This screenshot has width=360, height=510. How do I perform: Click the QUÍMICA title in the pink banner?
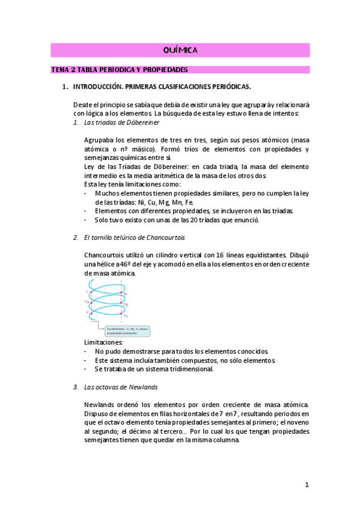tap(180, 50)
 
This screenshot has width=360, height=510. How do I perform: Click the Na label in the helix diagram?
tap(87, 302)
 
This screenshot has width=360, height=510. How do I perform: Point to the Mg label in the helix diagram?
tap(126, 304)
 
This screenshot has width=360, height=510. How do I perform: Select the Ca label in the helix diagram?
tap(126, 315)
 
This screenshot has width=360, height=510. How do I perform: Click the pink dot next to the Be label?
tap(121, 293)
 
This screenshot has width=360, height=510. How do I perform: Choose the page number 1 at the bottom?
tap(306, 484)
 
